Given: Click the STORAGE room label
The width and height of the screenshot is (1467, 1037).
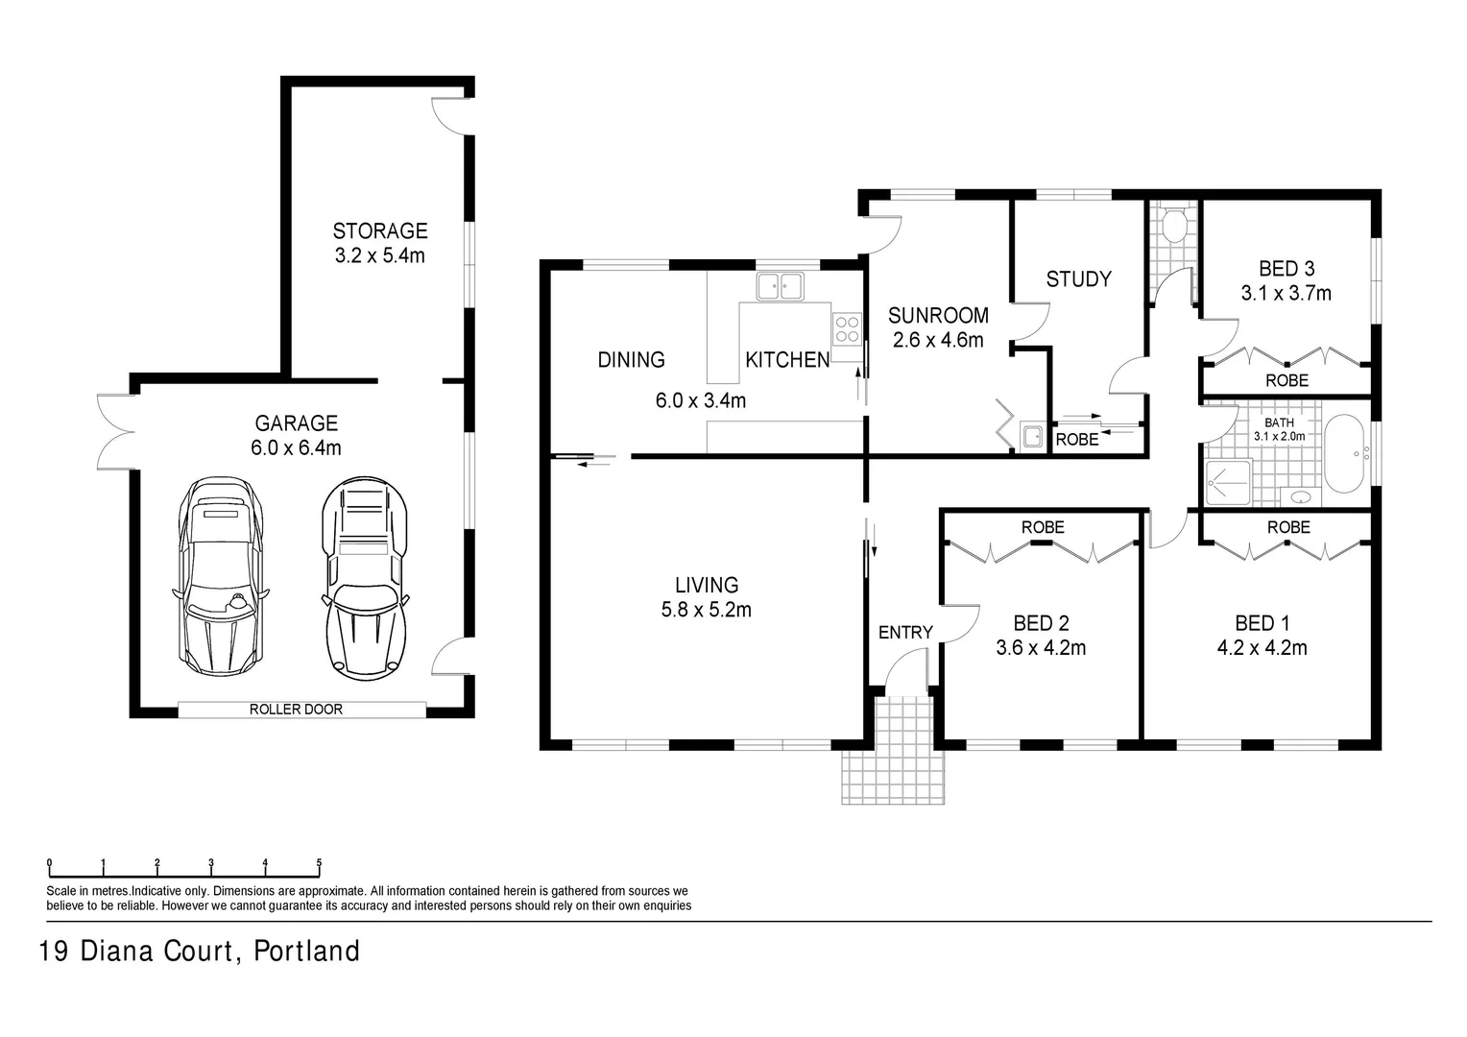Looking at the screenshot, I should click(379, 231).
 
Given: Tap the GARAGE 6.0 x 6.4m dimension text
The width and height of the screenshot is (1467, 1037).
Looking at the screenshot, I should click(297, 447).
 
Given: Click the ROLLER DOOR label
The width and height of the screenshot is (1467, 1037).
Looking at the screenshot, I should click(296, 710).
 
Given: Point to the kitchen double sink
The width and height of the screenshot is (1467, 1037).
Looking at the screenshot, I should click(780, 286).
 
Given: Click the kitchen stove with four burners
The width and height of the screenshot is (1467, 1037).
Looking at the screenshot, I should click(847, 329).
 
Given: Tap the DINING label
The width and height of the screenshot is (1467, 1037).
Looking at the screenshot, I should click(631, 360).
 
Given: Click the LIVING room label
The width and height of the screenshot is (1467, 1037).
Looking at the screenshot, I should click(706, 585).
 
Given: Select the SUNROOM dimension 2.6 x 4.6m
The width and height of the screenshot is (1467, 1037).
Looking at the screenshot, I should click(937, 340).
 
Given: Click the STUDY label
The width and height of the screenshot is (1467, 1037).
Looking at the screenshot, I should click(1078, 279).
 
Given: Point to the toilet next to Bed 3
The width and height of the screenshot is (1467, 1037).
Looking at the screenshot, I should click(1172, 227).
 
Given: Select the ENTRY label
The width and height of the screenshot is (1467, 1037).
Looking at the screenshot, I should click(905, 632).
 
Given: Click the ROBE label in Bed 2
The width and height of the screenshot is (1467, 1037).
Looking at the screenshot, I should click(1042, 527).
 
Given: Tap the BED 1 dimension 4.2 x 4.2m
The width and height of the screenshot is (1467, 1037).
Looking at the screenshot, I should click(1262, 648).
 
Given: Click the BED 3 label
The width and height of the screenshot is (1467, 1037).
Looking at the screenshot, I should click(1287, 269).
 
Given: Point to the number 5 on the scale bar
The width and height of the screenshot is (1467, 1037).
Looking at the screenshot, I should click(319, 862).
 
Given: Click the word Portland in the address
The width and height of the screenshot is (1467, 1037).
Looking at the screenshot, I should click(306, 952).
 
